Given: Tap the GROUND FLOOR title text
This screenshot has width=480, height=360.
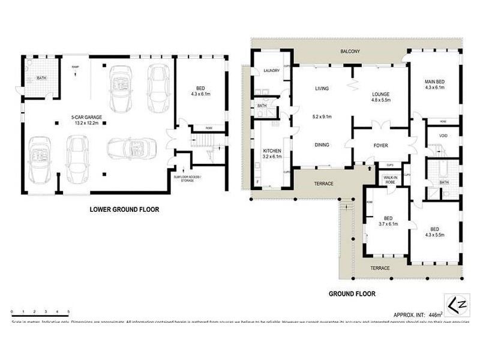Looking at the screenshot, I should pos(352,294).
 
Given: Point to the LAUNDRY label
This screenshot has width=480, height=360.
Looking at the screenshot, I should pos(272,71).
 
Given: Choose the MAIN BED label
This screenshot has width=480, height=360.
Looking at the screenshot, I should pos(435,82).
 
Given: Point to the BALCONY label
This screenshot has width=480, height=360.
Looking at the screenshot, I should pos(349,52).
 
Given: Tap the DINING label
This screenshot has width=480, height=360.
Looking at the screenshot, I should pos(322,144).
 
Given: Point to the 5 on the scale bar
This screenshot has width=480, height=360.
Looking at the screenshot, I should pos(68,312).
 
